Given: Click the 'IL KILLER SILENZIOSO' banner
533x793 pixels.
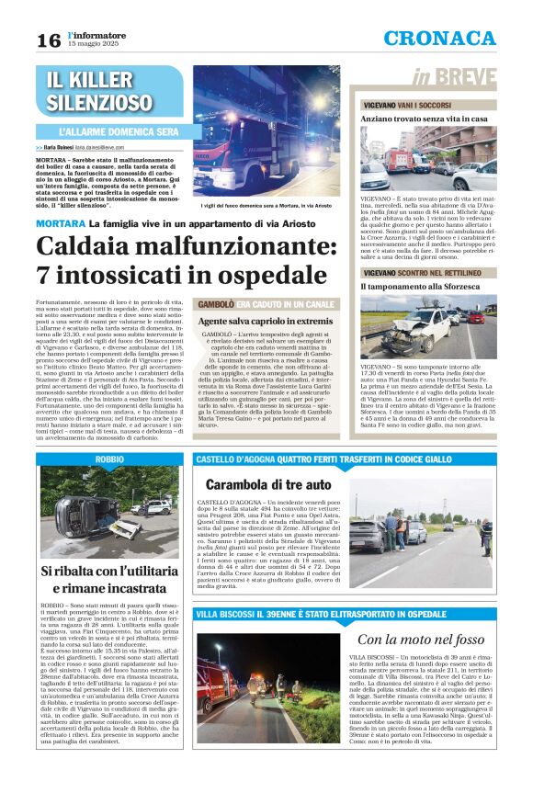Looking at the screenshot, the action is coord(100,91).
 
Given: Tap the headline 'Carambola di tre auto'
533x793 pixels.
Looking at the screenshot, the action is coord(268,483).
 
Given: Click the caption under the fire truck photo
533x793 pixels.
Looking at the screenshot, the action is coord(266,206).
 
